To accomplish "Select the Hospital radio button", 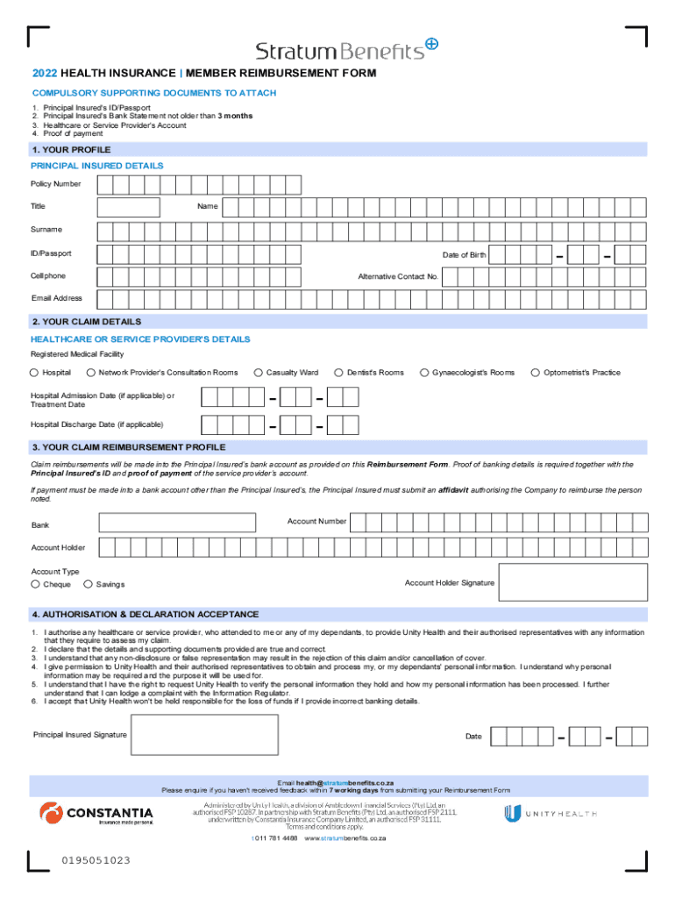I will [35, 373].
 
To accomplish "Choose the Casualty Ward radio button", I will [259, 373].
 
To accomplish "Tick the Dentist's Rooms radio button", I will [338, 373].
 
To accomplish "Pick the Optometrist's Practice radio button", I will [536, 373].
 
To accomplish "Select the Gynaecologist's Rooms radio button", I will [424, 373].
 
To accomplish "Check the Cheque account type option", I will [35, 584].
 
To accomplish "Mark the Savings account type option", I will [88, 584].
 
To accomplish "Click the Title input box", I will [129, 207].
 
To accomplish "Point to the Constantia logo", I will [96, 814].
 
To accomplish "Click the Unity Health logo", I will [551, 813].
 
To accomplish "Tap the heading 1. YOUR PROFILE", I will [71, 150].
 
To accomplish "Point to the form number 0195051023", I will [96, 860].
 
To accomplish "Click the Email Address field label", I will [57, 298].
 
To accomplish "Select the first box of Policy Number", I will [105, 185].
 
